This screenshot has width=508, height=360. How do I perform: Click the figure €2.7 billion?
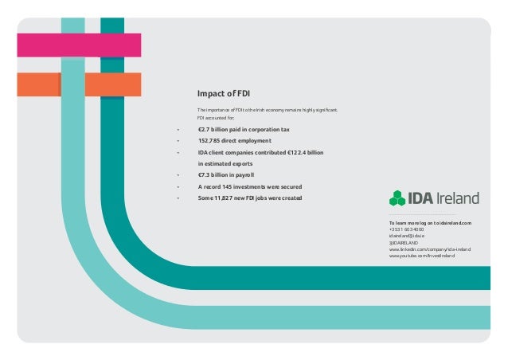point(213,128)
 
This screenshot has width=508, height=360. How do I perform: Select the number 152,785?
point(210,140)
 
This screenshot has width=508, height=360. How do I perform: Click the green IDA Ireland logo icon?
point(397,198)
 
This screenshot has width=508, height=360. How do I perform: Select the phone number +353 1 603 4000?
point(405,230)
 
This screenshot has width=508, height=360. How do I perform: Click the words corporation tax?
point(264,128)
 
